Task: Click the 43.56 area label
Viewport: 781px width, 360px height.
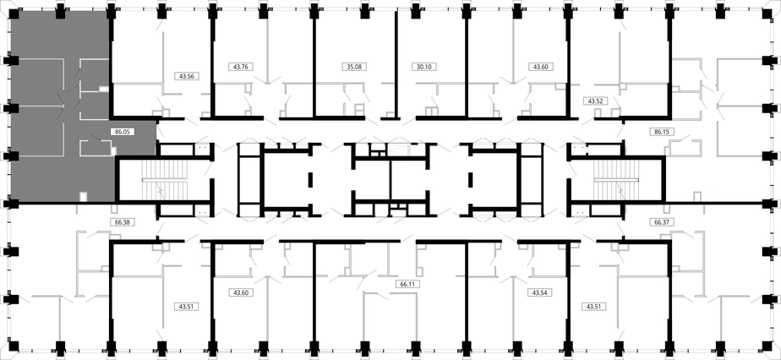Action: point(186,76)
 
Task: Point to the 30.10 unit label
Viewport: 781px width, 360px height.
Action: point(423,66)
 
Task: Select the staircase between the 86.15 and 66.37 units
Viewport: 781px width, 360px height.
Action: point(615,180)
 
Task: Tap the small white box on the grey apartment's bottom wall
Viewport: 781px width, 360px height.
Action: point(83,197)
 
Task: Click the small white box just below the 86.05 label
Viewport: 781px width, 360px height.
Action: point(113,150)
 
